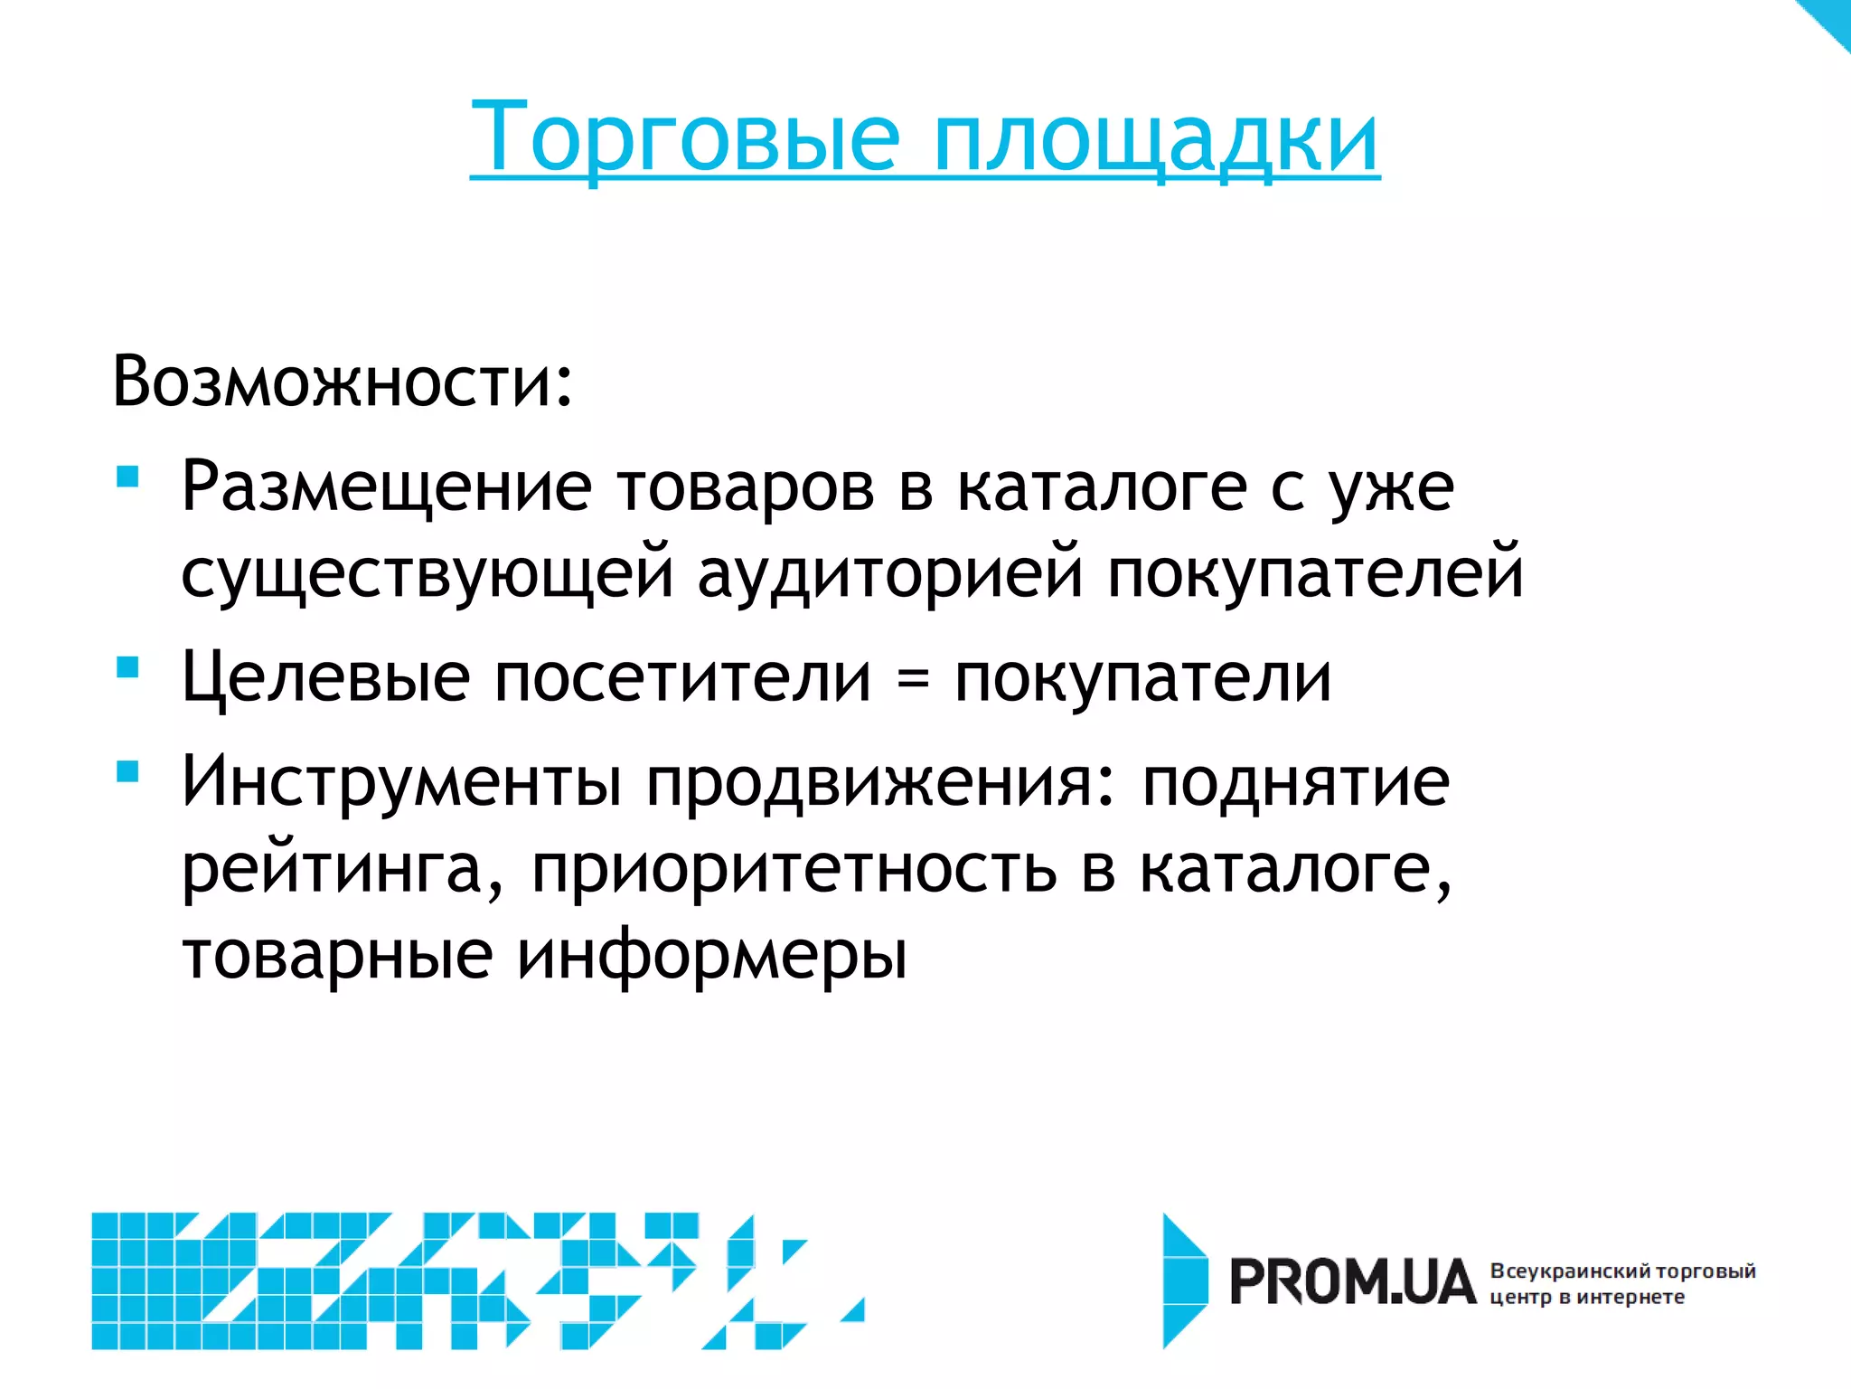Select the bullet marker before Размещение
[x=127, y=477]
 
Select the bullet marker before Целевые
[x=127, y=667]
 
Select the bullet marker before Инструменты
[x=127, y=771]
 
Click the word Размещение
[x=387, y=488]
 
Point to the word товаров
[x=747, y=488]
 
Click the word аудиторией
[x=889, y=573]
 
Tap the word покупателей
[x=1316, y=573]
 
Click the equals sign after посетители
[x=913, y=679]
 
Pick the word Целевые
[x=325, y=679]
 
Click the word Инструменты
[x=401, y=781]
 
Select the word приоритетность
[x=794, y=870]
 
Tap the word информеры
[x=711, y=956]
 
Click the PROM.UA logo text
[x=1352, y=1282]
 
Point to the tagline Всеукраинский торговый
[x=1622, y=1271]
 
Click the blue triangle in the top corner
[x=1830, y=18]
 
